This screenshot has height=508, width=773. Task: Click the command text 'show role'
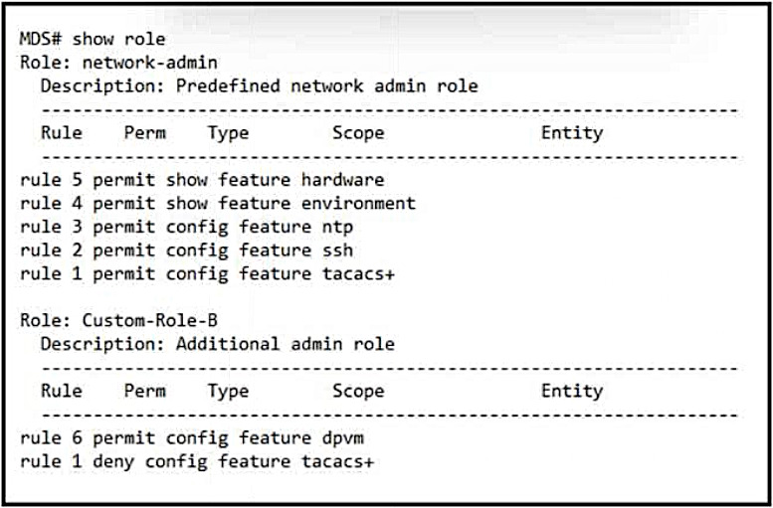118,39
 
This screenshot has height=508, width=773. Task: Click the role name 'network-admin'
150,63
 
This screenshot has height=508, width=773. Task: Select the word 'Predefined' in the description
228,86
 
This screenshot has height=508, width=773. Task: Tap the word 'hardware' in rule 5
342,180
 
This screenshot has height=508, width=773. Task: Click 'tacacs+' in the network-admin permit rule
359,274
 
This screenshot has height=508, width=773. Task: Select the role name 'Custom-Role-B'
150,321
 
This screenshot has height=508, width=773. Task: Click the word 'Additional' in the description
228,344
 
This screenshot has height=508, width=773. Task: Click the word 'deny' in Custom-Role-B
113,462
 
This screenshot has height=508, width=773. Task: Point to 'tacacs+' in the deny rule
337,461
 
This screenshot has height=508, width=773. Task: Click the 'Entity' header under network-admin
572,133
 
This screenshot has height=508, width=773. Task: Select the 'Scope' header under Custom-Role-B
358,392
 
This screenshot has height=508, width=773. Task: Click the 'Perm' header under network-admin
145,133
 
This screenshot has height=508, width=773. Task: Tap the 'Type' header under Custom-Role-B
228,392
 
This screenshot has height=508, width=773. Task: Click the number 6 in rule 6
77,438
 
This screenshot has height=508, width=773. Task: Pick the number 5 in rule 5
77,180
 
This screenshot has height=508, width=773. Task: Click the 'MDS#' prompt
41,39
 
